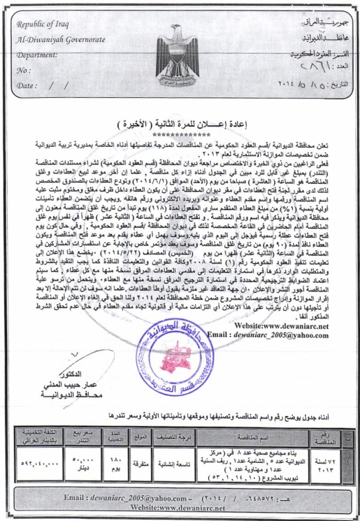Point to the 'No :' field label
pos(24,71)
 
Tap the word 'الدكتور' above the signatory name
pos(70,373)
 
